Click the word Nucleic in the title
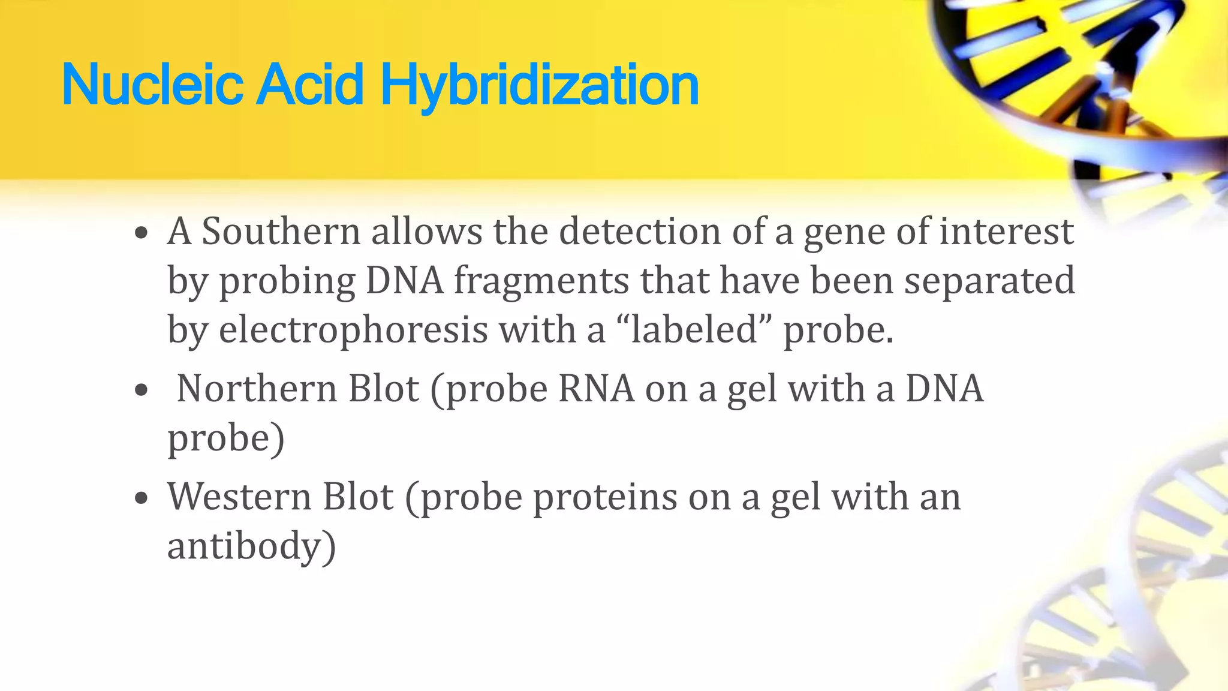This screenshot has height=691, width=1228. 152,86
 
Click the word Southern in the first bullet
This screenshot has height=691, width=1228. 281,232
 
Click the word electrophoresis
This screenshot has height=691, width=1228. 353,331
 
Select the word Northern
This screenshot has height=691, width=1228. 257,389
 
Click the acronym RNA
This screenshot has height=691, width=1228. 596,389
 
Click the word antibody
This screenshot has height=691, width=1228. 251,546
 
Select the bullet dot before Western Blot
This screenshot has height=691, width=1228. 142,499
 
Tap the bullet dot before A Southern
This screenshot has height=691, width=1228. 142,234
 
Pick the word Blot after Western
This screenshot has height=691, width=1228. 358,497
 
